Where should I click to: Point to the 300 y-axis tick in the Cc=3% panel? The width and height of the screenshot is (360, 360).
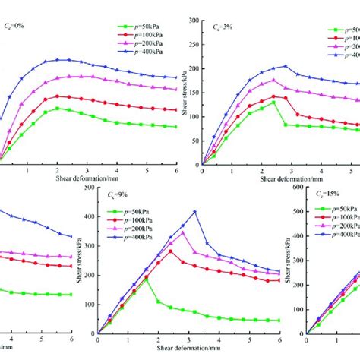click(194, 21)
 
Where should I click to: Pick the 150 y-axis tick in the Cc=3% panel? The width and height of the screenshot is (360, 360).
click(194, 93)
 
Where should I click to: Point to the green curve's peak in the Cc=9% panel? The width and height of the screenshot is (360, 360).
click(146, 278)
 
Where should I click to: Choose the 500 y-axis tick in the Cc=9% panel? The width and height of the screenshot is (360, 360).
click(90, 188)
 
